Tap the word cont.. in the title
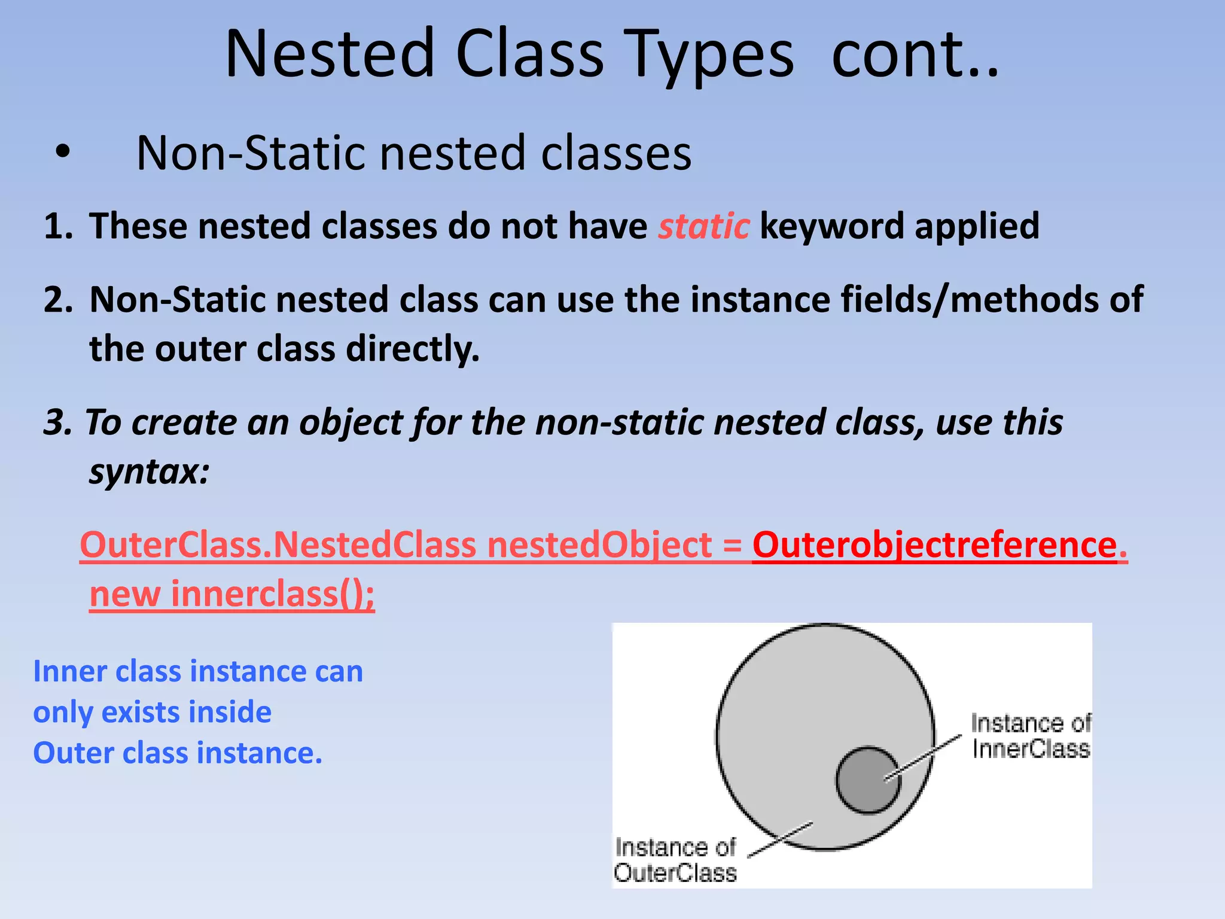click(915, 55)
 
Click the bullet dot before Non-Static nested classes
click(62, 153)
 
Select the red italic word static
click(703, 226)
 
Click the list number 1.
click(57, 226)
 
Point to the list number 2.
click(57, 299)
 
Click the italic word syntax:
click(150, 471)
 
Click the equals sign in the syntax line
click(732, 546)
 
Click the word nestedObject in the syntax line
click(599, 544)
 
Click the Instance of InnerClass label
click(1030, 736)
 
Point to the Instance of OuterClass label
click(675, 860)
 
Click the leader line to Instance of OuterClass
click(781, 839)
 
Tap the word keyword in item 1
click(832, 226)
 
